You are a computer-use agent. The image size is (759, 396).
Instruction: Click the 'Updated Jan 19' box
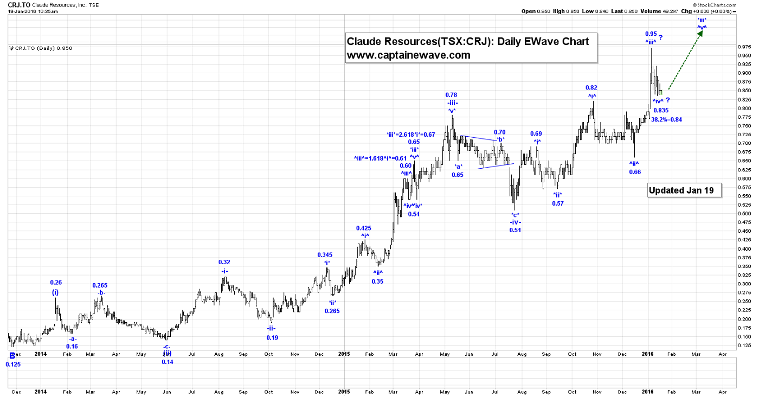[684, 190]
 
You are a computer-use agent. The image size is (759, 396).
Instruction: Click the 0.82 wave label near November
[591, 87]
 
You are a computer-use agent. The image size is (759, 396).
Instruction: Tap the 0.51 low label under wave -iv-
[514, 230]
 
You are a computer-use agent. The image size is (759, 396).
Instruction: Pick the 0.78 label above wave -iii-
[451, 95]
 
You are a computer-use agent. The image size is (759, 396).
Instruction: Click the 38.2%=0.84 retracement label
[666, 119]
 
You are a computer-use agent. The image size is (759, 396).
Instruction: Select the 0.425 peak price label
[364, 228]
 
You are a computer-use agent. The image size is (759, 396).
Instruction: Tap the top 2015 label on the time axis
[344, 354]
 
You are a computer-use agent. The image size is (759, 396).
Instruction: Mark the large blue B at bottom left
[12, 356]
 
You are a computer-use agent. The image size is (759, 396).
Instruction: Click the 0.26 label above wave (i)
[55, 282]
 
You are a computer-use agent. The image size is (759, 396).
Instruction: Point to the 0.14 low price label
[167, 362]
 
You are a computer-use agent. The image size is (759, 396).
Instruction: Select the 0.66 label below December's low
[635, 172]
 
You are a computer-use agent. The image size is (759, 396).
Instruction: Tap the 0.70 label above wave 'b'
[499, 132]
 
